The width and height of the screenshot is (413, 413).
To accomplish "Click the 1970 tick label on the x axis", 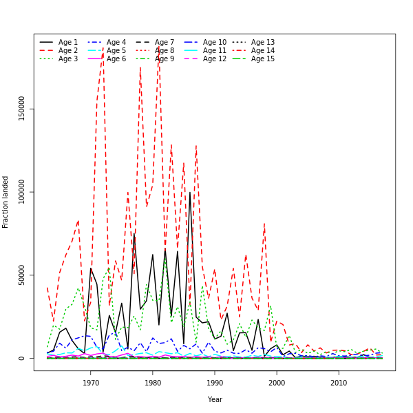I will click(x=91, y=383).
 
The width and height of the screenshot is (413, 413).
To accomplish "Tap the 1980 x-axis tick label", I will click(x=153, y=383).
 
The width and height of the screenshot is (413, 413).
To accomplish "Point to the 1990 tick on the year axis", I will click(x=215, y=383).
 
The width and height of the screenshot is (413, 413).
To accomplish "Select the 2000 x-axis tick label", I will click(x=277, y=383).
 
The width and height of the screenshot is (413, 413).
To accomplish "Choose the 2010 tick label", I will click(x=339, y=383).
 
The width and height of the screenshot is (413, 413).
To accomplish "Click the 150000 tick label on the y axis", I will click(x=21, y=108).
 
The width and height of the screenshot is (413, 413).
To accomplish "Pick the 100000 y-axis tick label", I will click(x=21, y=191).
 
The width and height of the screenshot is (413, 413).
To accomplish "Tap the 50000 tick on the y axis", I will click(x=21, y=275).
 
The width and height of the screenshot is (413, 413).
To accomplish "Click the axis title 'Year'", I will click(x=215, y=399).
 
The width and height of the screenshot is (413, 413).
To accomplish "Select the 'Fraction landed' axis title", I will click(x=6, y=202).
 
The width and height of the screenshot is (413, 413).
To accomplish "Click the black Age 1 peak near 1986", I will click(x=190, y=193).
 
